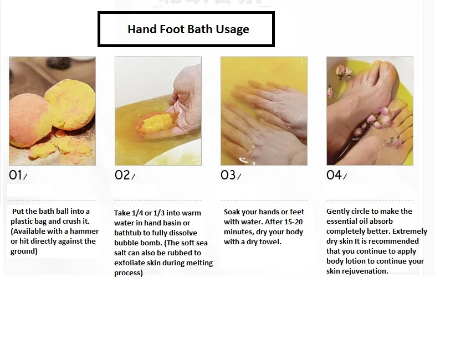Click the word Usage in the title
coord(232,30)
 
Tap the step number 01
coord(16,175)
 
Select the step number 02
coord(122,175)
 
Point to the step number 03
coord(228,175)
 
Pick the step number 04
coord(334,175)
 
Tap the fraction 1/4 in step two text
coord(137,213)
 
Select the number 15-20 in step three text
coord(293,222)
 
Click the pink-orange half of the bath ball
coord(27,121)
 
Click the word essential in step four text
coord(342,222)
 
